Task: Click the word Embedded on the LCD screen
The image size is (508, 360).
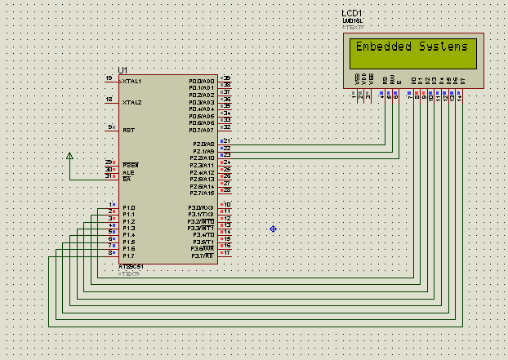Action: [384, 47]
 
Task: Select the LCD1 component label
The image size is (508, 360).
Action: [354, 14]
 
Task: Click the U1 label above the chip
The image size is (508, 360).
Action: [123, 70]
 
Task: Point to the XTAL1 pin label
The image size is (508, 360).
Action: [131, 82]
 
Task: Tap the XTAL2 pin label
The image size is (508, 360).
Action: [131, 103]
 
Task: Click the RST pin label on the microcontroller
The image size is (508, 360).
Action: [128, 130]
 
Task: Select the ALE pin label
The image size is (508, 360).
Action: [127, 172]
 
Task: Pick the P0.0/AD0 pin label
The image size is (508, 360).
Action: [202, 82]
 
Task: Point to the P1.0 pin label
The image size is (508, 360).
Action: [128, 208]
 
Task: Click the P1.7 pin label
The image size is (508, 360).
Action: [128, 256]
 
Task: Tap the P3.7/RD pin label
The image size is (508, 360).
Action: [202, 256]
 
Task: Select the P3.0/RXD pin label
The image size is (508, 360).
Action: [201, 208]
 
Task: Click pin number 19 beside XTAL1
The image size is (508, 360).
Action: [109, 78]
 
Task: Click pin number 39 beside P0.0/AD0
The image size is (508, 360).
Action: [227, 78]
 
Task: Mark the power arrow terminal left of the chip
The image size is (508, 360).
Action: [69, 155]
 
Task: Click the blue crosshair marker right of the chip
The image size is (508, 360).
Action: [273, 229]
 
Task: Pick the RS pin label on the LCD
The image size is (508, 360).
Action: [385, 80]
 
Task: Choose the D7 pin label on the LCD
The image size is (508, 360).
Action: [462, 80]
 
